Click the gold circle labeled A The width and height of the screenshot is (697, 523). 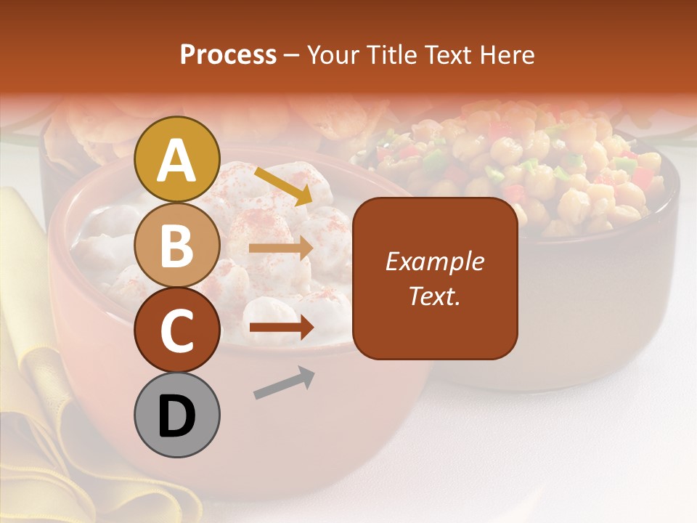[177, 159]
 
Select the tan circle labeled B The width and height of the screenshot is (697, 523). [177, 245]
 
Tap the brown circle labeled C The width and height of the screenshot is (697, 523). [177, 330]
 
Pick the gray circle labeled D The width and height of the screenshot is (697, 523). [177, 415]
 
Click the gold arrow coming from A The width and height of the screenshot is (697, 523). [283, 186]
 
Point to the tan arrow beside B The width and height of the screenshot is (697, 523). [281, 248]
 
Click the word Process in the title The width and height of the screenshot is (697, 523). [228, 54]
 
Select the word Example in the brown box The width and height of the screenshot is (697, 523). [435, 261]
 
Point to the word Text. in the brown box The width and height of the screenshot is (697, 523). [435, 296]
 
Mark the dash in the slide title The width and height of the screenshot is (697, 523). [292, 56]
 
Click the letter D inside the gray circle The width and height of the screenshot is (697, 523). [177, 416]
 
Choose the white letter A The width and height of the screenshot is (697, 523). [177, 161]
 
